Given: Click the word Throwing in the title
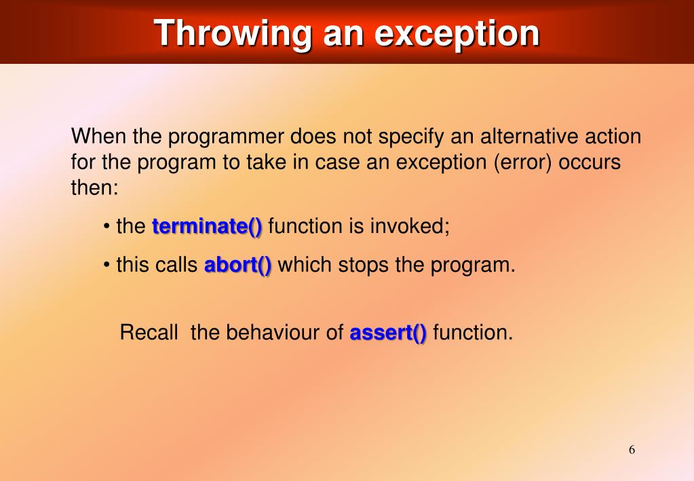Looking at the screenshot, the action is tap(233, 34).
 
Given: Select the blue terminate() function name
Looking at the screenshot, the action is tap(207, 226).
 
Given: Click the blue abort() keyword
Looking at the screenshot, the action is tap(237, 265).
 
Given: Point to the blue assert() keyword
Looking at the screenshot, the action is tap(388, 332).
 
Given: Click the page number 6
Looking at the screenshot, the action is tap(632, 450).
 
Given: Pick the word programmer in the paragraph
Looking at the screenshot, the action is tap(226, 137).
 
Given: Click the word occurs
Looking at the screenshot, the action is tap(590, 162).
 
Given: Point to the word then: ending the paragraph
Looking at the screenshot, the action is tap(95, 188).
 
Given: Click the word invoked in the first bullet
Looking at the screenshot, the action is tap(410, 226).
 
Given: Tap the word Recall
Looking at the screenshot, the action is tap(149, 332).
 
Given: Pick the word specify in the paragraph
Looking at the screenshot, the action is tap(410, 137).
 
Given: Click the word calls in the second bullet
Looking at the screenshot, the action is tap(177, 265).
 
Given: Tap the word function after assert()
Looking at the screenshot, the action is tap(473, 332).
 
